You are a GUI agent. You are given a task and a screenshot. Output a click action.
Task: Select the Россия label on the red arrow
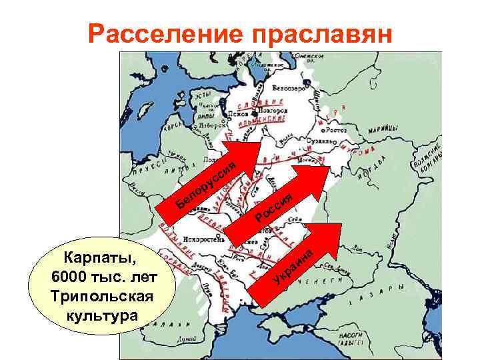[275, 207]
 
